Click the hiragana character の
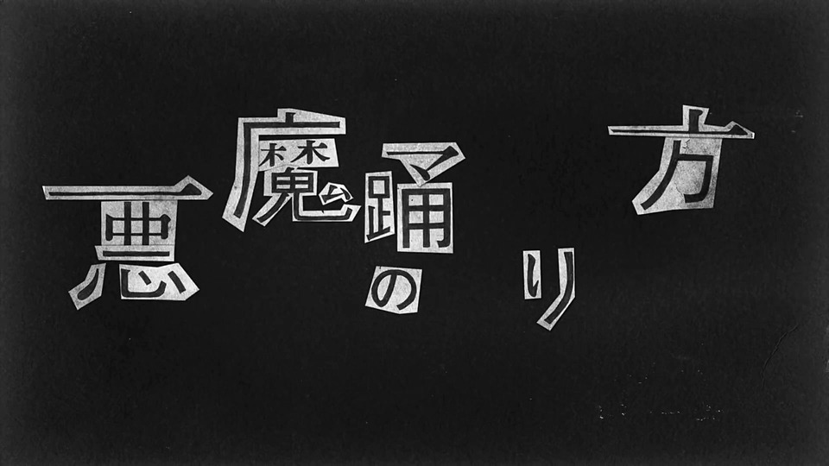[394, 290]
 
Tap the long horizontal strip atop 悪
[128, 189]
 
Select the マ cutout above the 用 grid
[424, 159]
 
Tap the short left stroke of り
[532, 274]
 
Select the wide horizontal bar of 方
[681, 131]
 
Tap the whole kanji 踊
[414, 197]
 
